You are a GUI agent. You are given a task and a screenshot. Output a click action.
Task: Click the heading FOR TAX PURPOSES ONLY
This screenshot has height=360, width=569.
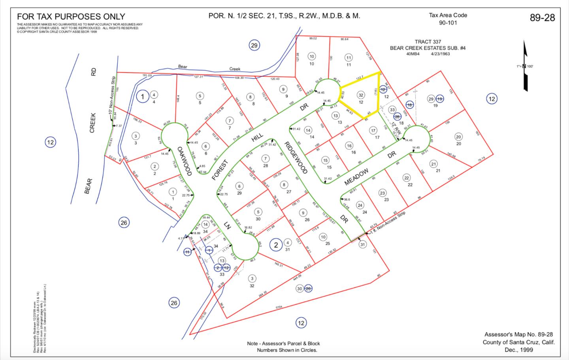71,17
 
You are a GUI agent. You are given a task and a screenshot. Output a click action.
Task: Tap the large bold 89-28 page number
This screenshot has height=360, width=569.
542,18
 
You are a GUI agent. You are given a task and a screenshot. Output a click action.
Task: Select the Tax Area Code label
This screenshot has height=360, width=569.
448,15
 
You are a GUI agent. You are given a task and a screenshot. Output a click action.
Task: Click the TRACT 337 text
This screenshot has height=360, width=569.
428,42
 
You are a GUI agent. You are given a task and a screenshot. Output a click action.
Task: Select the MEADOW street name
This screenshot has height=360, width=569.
356,176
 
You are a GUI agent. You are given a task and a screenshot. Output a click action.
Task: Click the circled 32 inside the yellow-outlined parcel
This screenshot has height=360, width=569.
360,95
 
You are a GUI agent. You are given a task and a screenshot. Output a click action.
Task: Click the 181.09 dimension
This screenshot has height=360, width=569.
147,75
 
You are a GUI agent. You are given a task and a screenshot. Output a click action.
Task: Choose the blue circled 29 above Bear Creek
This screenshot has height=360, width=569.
254,45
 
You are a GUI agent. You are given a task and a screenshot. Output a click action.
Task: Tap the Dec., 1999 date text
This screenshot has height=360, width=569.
518,350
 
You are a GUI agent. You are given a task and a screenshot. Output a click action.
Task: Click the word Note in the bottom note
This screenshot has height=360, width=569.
254,343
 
